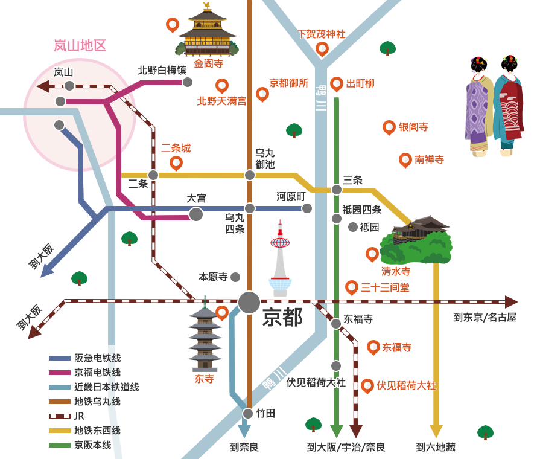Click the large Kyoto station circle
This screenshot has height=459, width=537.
pyautogui.click(x=249, y=302)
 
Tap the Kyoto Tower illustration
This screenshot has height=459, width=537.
pyautogui.click(x=280, y=260)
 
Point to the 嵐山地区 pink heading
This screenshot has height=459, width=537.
pyautogui.click(x=80, y=45)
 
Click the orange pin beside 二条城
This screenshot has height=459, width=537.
pyautogui.click(x=176, y=162)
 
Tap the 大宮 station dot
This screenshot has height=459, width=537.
pyautogui.click(x=196, y=214)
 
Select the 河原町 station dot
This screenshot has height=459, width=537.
pyautogui.click(x=307, y=208)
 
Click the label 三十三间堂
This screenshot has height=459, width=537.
pyautogui.click(x=385, y=287)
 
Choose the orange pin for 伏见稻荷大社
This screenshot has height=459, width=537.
pyautogui.click(x=367, y=385)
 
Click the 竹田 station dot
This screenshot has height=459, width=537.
pyautogui.click(x=248, y=414)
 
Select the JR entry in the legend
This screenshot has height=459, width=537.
pyautogui.click(x=79, y=416)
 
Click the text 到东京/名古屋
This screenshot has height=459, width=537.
pyautogui.click(x=485, y=317)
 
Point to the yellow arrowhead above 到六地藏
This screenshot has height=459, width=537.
pyautogui.click(x=436, y=431)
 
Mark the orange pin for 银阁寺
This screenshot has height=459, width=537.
pyautogui.click(x=389, y=127)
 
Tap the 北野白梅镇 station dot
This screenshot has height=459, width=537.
pyautogui.click(x=188, y=82)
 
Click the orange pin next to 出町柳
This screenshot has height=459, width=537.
pyautogui.click(x=337, y=83)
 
